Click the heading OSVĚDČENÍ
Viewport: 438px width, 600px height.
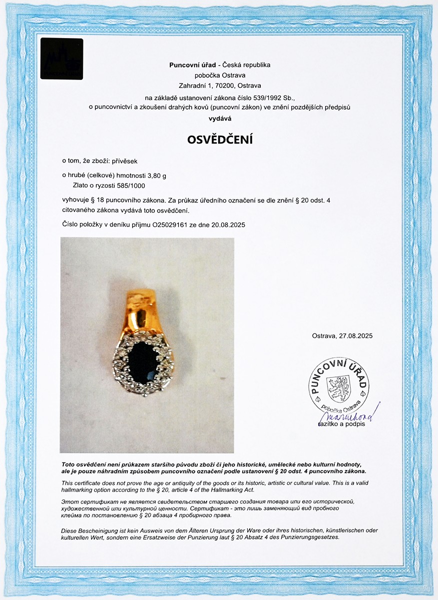pyautogui.click(x=220, y=140)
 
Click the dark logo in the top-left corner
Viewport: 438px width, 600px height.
pyautogui.click(x=61, y=58)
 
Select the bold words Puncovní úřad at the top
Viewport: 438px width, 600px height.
pyautogui.click(x=193, y=65)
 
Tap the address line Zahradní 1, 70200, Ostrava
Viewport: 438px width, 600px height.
pyautogui.click(x=220, y=85)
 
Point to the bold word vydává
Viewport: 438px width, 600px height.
pyautogui.click(x=220, y=118)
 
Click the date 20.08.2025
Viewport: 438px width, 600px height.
pyautogui.click(x=229, y=225)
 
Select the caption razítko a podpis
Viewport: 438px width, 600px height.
pyautogui.click(x=342, y=424)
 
